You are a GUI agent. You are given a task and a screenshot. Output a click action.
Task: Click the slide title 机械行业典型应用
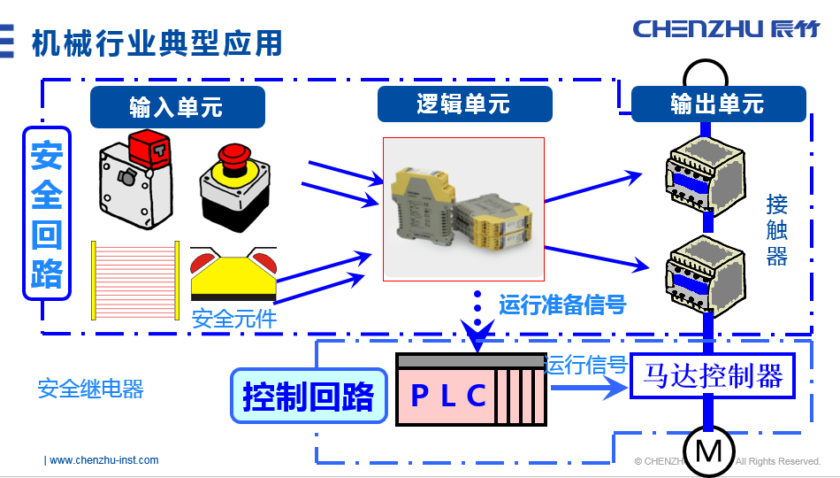click(x=157, y=42)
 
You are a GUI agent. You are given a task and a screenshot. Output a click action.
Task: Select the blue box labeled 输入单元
click(x=177, y=107)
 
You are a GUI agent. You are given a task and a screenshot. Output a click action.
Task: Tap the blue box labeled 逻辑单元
click(x=464, y=104)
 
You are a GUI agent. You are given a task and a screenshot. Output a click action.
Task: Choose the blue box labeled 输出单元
click(x=717, y=104)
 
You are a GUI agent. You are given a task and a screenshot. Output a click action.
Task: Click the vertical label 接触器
click(x=776, y=230)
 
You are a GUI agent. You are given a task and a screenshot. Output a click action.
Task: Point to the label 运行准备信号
click(x=562, y=305)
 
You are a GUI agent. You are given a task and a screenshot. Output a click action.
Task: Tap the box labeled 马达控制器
click(x=713, y=376)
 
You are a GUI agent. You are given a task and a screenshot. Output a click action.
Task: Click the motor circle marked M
click(x=708, y=451)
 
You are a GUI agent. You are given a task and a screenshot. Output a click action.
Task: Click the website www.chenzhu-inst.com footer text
click(x=103, y=460)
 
